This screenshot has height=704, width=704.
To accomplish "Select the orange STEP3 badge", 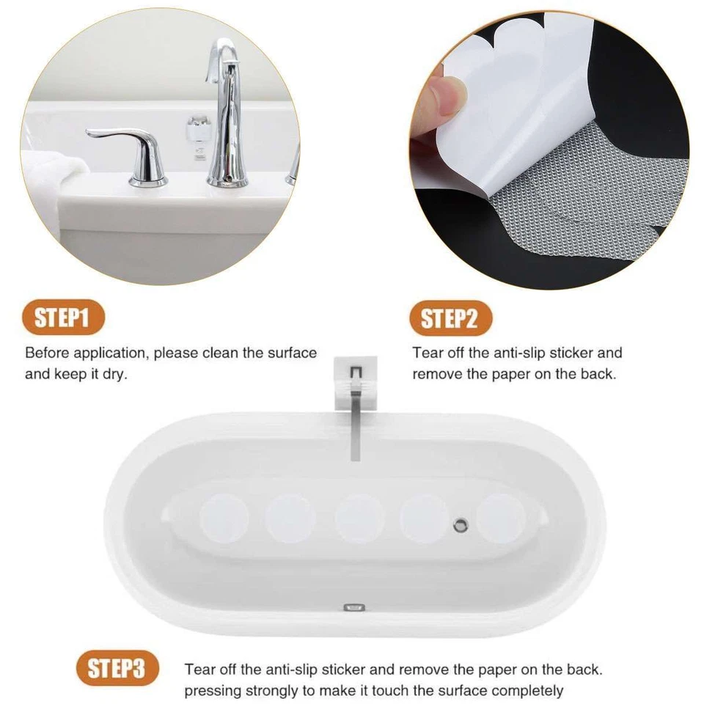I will pyautogui.click(x=117, y=669).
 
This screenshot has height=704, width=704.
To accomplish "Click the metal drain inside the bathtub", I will pyautogui.click(x=460, y=524).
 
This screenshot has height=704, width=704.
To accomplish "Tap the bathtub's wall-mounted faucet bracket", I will pyautogui.click(x=356, y=381).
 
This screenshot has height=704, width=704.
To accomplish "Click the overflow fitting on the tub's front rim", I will pyautogui.click(x=355, y=607).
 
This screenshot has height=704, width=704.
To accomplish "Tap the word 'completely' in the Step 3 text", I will pyautogui.click(x=527, y=691).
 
